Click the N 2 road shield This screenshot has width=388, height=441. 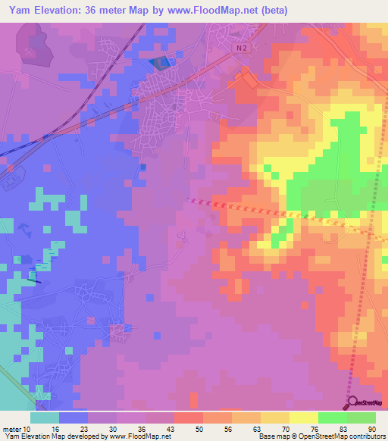pos(241,47)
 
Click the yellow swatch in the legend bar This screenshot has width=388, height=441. pos(304,418)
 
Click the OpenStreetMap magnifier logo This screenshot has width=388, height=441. pos(353,402)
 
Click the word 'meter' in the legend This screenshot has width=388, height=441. pos(11,428)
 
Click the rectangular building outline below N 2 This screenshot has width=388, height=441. pos(248,77)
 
